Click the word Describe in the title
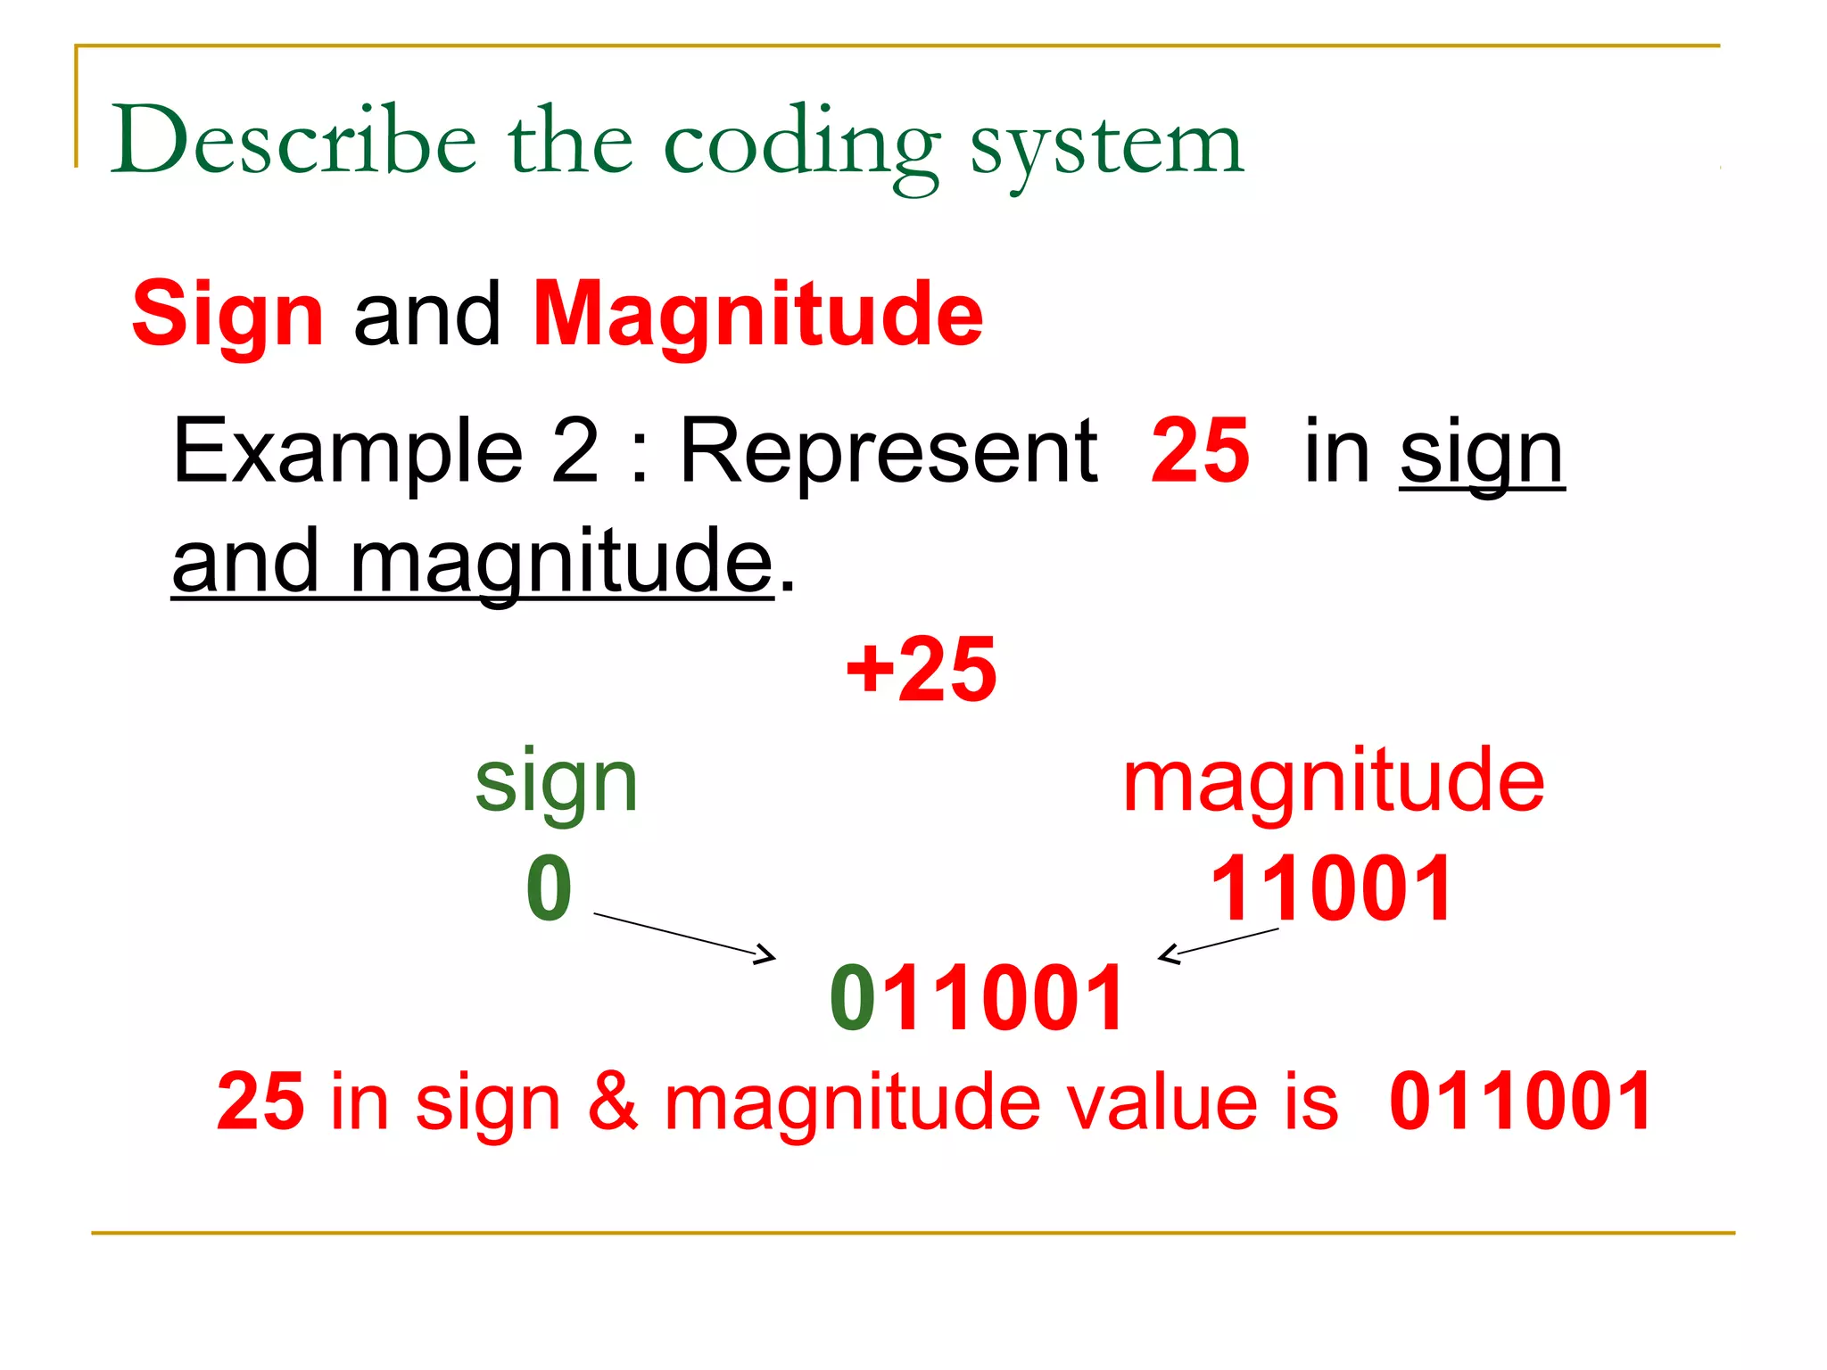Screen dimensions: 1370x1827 pyautogui.click(x=293, y=141)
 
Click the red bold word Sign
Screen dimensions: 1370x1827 pyautogui.click(x=227, y=314)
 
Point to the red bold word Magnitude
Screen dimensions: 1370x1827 pyautogui.click(x=757, y=314)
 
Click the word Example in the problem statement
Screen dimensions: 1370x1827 pyautogui.click(x=348, y=451)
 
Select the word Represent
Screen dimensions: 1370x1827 pyautogui.click(x=888, y=451)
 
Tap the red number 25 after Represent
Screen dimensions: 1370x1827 pyautogui.click(x=1200, y=451)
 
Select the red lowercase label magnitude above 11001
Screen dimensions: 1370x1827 pyautogui.click(x=1333, y=780)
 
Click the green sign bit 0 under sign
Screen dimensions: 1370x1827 pyautogui.click(x=549, y=888)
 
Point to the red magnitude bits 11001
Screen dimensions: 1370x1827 pyautogui.click(x=1331, y=888)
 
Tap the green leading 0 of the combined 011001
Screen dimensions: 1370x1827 pyautogui.click(x=852, y=998)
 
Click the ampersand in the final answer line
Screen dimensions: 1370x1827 pyautogui.click(x=612, y=1102)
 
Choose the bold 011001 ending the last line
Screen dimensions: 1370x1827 pyautogui.click(x=1520, y=1102)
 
